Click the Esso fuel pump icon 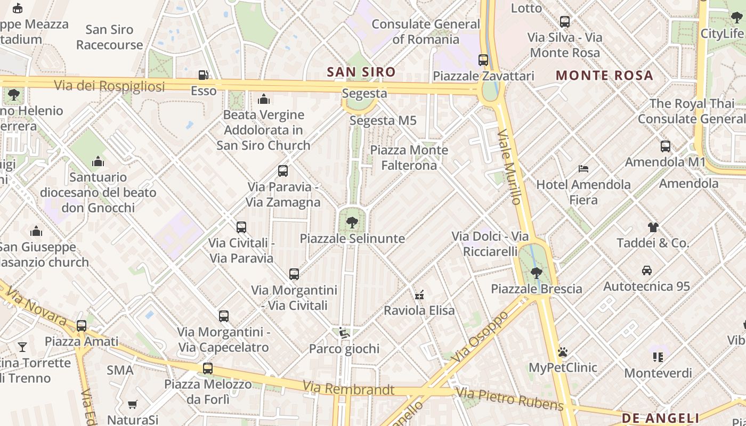[203, 75]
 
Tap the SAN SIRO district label [361, 72]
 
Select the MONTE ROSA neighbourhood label [604, 75]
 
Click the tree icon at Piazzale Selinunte [352, 222]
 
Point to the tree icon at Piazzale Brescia [536, 273]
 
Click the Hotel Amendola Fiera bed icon [583, 169]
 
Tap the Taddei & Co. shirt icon [653, 227]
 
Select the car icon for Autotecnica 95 [646, 271]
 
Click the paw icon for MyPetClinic [562, 352]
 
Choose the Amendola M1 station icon [665, 146]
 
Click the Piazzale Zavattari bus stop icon [483, 60]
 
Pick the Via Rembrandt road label [348, 388]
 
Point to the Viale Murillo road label [509, 166]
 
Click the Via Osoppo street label [480, 337]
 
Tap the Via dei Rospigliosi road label [109, 85]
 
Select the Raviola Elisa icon [419, 294]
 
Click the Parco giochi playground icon [344, 333]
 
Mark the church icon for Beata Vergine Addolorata [263, 99]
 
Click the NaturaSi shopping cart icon [132, 405]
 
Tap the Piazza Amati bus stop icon [81, 325]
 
